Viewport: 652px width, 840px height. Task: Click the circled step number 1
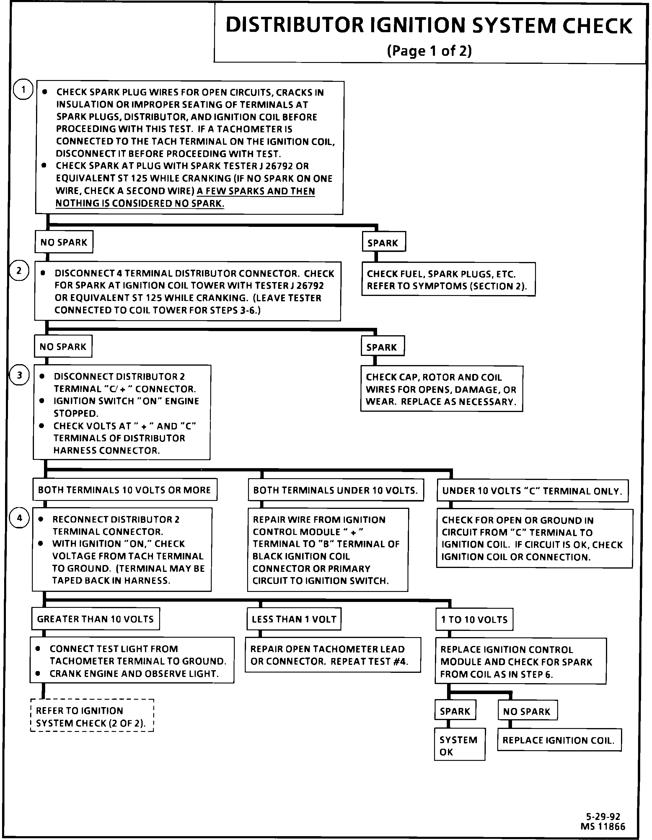tap(23, 89)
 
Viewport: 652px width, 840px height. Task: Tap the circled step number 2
tap(19, 271)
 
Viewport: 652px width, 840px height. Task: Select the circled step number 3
tap(19, 375)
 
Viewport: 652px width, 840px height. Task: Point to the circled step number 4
tap(19, 518)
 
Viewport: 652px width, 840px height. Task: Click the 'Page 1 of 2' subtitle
tap(429, 51)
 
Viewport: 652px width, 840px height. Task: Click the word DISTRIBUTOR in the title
tap(294, 25)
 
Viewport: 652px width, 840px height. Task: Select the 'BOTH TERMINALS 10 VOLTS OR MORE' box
tap(125, 490)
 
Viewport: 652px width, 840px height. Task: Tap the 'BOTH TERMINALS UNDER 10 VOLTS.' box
tap(336, 490)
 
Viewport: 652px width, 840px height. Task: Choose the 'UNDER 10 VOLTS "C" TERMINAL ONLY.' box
tap(532, 491)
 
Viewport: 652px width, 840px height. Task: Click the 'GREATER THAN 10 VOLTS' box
tap(95, 619)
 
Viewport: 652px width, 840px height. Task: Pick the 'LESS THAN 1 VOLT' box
tap(294, 619)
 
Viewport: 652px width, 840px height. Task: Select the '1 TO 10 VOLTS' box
tap(474, 619)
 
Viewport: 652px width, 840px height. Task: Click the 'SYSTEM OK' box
tap(459, 745)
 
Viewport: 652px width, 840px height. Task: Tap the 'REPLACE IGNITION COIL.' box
tap(559, 740)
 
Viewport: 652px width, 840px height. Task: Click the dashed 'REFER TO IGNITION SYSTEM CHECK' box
tap(92, 717)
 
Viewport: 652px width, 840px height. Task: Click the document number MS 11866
tap(603, 826)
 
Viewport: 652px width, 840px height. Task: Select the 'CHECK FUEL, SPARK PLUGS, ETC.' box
tap(448, 280)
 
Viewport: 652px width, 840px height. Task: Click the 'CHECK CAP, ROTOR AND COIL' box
tap(441, 389)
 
